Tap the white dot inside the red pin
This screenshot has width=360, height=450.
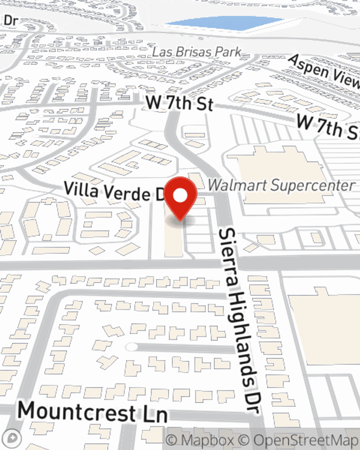coord(180,196)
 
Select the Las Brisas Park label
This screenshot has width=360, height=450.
coord(196,52)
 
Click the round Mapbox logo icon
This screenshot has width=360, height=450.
coord(12,438)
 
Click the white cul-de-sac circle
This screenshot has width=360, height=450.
coord(132,347)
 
